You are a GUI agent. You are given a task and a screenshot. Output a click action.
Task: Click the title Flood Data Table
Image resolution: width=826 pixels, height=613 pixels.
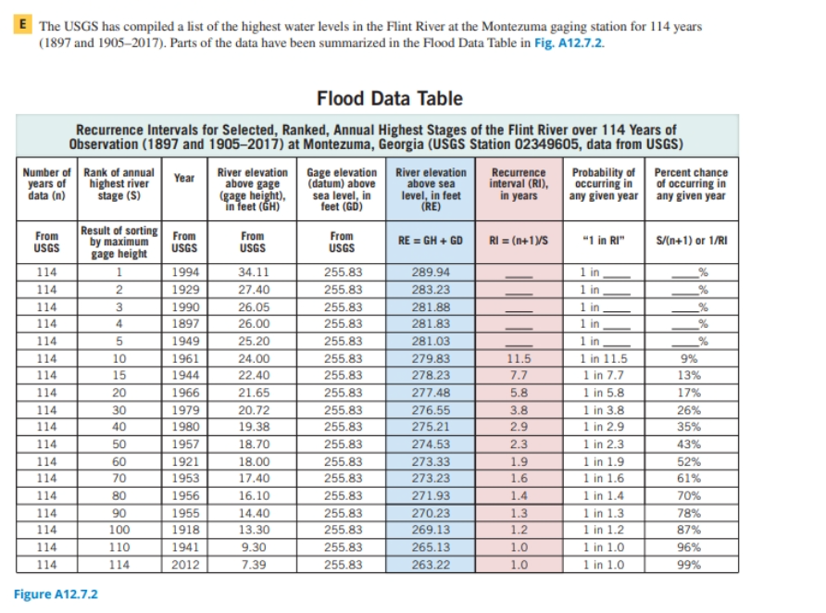389,98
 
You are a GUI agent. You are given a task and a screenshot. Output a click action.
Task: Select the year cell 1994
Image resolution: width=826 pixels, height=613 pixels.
185,272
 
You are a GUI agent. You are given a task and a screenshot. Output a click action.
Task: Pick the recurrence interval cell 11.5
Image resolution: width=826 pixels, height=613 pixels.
519,358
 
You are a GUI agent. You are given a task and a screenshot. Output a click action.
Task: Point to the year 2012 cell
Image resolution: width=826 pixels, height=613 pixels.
185,564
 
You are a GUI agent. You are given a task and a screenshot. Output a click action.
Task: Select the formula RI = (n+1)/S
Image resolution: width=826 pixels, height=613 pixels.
519,239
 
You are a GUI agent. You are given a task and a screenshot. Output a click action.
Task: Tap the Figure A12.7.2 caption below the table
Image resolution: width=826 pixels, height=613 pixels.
56,594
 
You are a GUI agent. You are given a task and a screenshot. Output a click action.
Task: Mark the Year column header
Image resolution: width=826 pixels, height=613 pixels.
185,178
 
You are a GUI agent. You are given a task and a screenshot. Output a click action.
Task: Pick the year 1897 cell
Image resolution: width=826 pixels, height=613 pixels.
185,324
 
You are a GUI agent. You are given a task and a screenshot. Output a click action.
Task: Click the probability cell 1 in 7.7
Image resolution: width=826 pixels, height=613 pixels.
603,375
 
